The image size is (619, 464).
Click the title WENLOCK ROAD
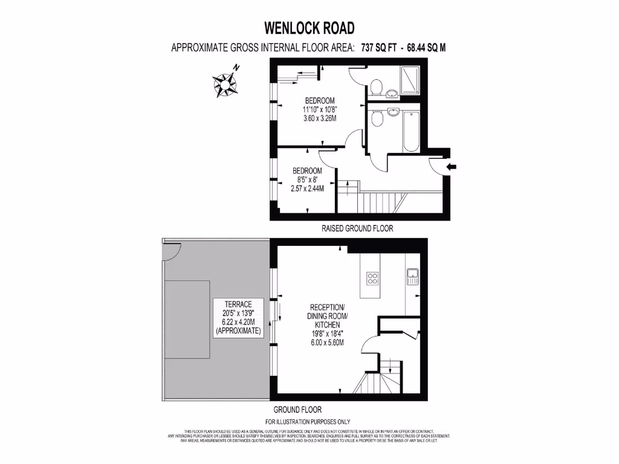tap(309, 28)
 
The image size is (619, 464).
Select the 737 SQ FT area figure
tap(378, 48)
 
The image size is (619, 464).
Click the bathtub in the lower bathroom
tap(412, 130)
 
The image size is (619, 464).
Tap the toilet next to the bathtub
tap(377, 120)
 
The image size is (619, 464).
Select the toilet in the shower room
tap(376, 88)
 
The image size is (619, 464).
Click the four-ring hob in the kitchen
tap(373, 279)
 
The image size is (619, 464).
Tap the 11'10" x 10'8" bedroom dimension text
tap(319, 109)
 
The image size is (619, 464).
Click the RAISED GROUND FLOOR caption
tap(357, 229)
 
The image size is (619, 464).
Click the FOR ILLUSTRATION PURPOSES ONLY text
tap(308, 422)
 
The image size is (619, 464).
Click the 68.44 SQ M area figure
tap(427, 48)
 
